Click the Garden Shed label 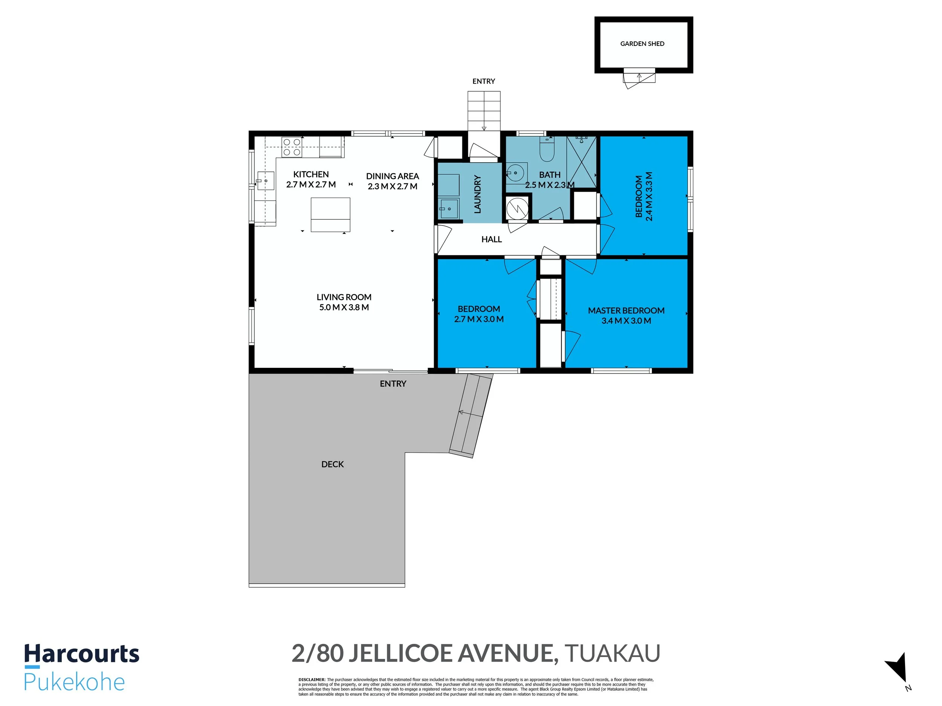point(642,43)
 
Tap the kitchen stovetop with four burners point(292,147)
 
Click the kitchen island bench point(330,215)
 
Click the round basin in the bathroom point(516,173)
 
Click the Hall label point(491,239)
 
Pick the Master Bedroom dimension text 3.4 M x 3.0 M point(626,321)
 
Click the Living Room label point(344,297)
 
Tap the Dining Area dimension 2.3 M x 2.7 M point(392,186)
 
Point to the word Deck point(332,464)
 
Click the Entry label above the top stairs point(483,81)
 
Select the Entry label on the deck point(393,384)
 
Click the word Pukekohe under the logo point(74,682)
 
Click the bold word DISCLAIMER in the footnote point(312,680)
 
